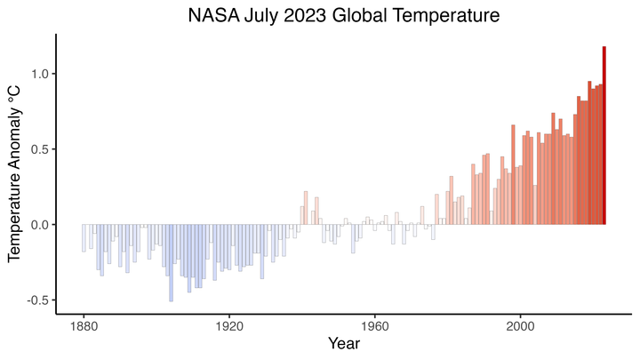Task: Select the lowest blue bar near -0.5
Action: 171,263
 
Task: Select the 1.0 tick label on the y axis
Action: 38,73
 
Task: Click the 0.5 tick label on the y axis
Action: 38,149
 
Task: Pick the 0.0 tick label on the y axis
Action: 38,225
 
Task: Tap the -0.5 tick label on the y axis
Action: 36,300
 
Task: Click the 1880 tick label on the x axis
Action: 84,325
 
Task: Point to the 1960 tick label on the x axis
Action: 374,325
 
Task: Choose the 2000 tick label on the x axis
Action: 520,325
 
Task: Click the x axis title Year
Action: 343,343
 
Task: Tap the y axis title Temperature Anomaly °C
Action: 15,174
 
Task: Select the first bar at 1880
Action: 84,238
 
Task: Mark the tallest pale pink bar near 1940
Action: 306,208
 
